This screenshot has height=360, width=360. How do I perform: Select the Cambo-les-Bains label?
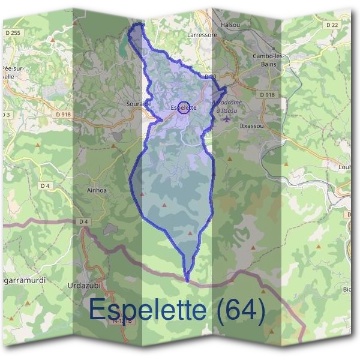[266, 61]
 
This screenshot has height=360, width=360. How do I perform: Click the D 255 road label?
[11, 34]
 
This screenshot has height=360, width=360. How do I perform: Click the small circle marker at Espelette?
[184, 107]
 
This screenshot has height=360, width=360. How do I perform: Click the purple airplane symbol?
[226, 118]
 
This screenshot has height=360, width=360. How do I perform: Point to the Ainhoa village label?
[97, 190]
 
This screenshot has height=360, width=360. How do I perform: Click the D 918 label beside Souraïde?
[62, 114]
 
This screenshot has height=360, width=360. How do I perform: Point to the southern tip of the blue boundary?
[187, 280]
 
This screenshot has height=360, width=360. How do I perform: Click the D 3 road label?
[6, 114]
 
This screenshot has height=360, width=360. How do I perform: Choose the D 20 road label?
[209, 77]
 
